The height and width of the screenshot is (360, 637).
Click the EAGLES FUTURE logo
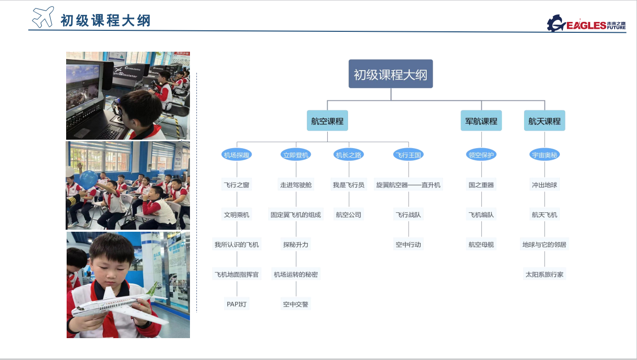click(x=586, y=24)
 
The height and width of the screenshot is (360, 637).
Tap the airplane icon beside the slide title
click(x=43, y=17)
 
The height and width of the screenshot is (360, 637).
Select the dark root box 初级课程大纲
click(x=391, y=74)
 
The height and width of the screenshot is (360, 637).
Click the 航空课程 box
click(x=327, y=120)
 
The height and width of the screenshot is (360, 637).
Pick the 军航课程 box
click(x=481, y=120)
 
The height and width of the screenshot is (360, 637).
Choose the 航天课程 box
click(x=545, y=120)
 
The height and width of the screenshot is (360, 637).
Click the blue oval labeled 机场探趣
click(x=237, y=155)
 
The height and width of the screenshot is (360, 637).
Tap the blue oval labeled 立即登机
click(x=296, y=155)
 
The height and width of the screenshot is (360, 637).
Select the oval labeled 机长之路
click(x=349, y=155)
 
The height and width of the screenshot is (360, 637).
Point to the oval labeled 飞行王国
click(x=408, y=155)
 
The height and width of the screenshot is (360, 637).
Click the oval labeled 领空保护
click(x=481, y=155)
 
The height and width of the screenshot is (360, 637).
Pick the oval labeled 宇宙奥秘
click(x=545, y=155)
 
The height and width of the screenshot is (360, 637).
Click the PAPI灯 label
click(x=237, y=304)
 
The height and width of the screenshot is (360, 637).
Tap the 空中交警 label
click(x=296, y=304)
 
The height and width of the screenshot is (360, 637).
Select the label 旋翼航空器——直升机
click(x=408, y=185)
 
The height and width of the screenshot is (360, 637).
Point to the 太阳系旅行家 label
click(x=545, y=274)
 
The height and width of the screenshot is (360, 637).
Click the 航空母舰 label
click(x=481, y=244)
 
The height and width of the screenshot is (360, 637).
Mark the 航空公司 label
click(x=349, y=214)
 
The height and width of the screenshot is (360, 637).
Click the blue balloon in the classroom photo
click(x=89, y=180)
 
